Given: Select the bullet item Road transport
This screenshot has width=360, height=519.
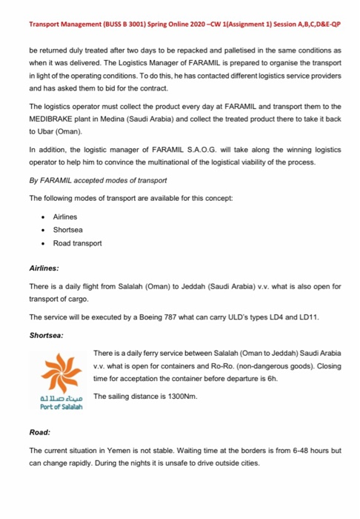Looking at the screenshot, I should click(77, 243).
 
